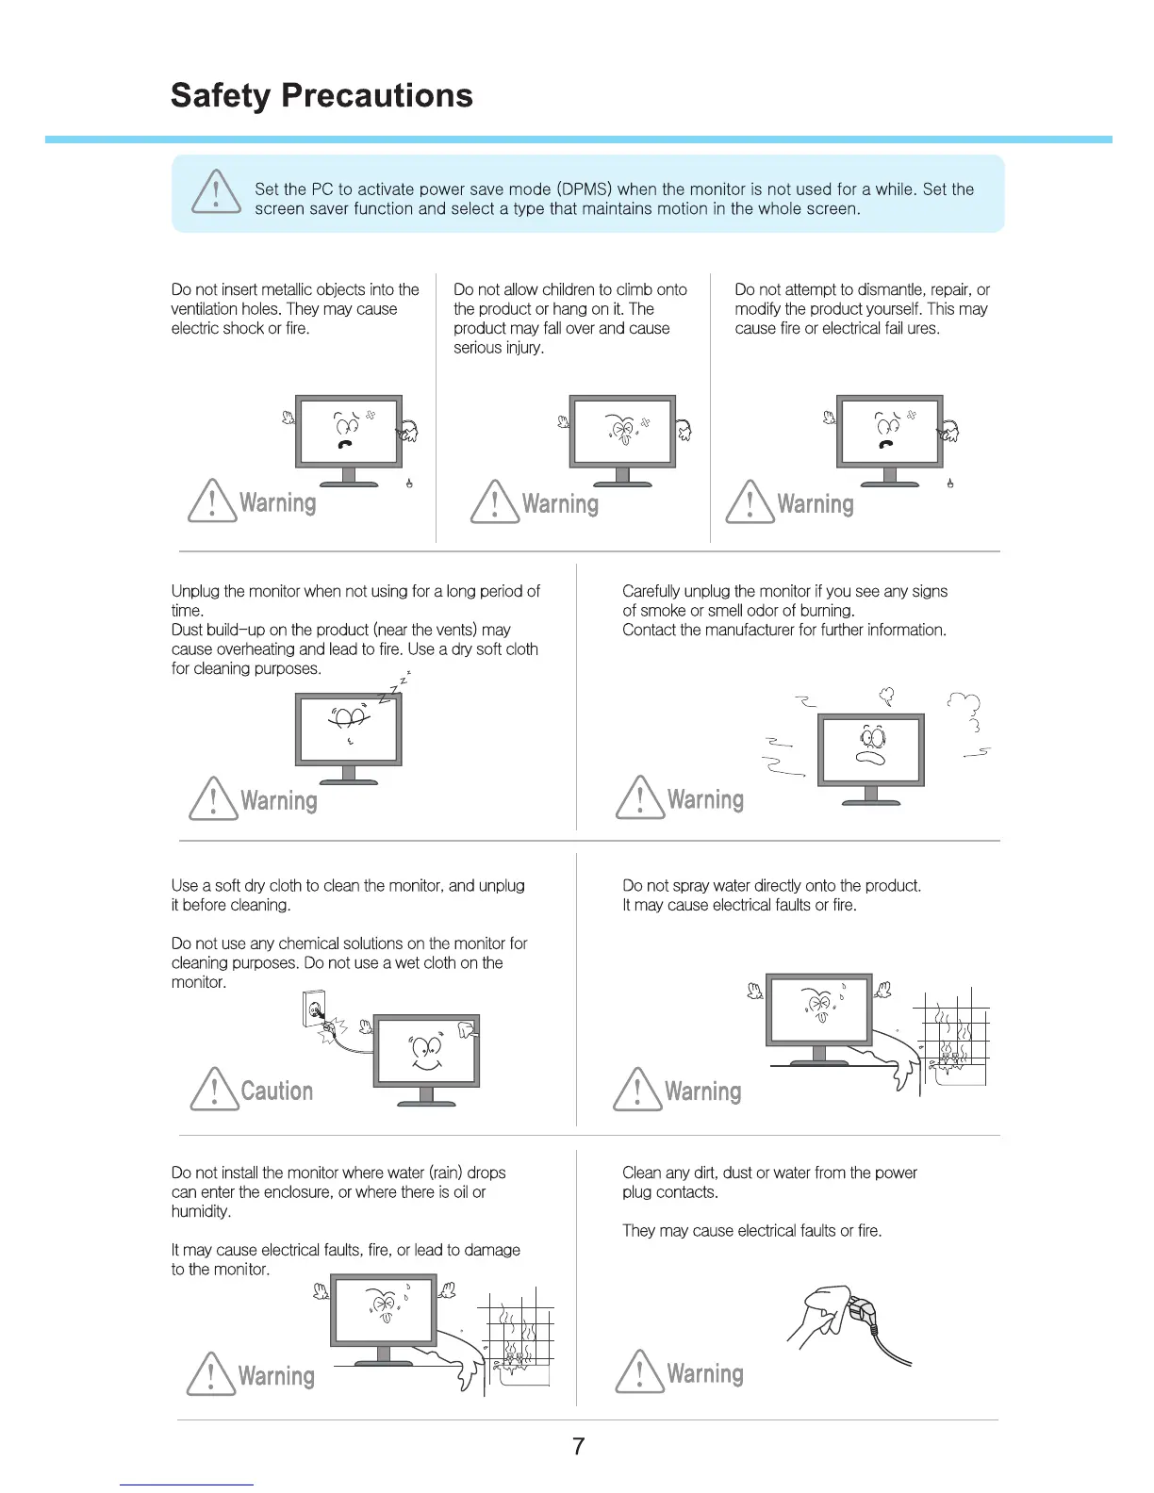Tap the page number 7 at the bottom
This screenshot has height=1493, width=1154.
578,1446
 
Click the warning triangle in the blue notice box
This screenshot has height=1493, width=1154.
216,191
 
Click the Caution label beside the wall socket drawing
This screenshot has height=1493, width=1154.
276,1091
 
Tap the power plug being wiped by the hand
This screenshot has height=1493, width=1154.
860,1311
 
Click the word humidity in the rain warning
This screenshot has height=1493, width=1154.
200,1211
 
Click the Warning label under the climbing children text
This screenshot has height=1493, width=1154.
560,504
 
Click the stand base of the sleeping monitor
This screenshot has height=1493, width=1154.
349,781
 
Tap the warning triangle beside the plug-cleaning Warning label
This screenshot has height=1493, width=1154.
640,1372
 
